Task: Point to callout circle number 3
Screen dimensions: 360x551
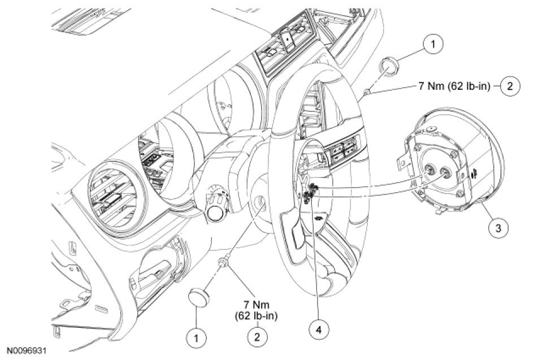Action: click(497, 228)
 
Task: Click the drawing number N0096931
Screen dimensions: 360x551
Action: click(27, 351)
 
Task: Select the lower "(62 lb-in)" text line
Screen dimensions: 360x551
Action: click(258, 315)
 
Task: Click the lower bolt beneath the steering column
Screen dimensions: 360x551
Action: click(225, 261)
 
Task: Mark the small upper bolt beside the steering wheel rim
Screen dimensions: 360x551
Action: click(367, 90)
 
